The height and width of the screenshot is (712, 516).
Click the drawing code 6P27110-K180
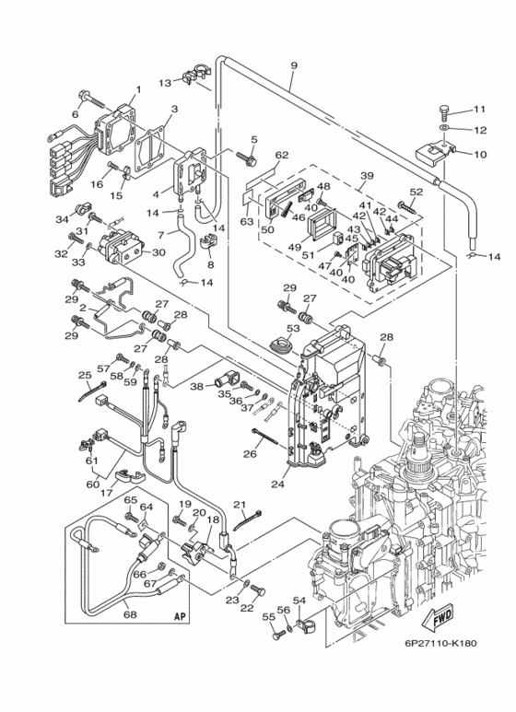pos(441,643)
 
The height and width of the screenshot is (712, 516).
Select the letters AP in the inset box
pos(181,616)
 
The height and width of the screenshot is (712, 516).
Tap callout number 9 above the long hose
pos(293,65)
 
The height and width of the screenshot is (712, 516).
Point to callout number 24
pos(277,484)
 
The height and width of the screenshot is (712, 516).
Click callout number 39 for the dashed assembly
pos(367,175)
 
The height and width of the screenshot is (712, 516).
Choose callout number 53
pos(293,327)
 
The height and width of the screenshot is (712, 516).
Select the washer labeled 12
pos(445,130)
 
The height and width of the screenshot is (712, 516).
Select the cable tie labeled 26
pos(263,437)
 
